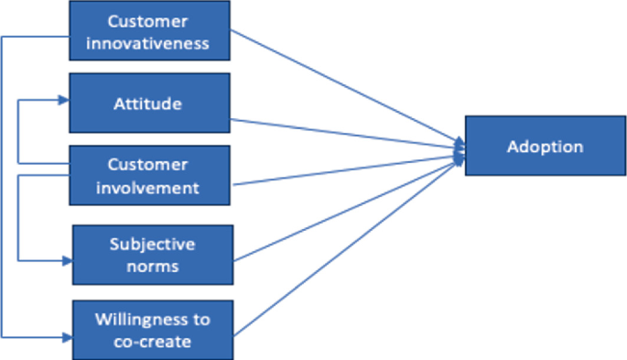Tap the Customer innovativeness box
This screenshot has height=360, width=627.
(151, 31)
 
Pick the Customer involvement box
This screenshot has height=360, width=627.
(151, 175)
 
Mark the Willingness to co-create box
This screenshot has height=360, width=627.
(152, 329)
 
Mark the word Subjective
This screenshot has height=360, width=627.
(152, 244)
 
